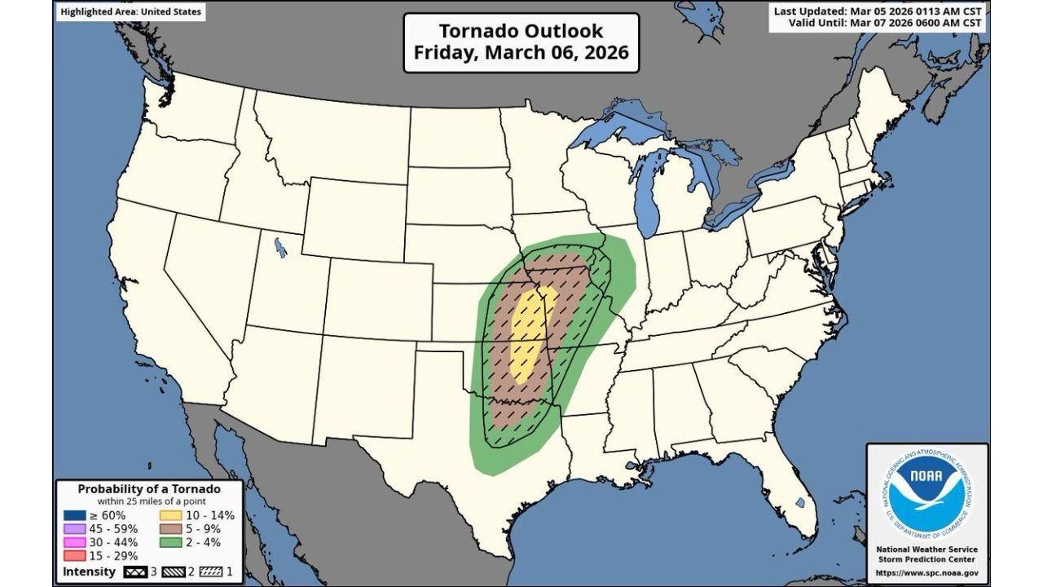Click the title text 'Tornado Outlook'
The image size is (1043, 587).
pos(521,31)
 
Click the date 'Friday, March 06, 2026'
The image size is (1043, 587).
pos(521,52)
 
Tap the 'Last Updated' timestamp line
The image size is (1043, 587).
pos(878,11)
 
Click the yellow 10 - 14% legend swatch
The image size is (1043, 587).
pos(169,515)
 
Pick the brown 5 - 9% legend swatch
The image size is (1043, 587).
pos(169,528)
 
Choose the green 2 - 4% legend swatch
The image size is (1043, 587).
pos(169,542)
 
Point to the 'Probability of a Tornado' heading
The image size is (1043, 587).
pos(149,489)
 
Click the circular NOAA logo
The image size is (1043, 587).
pos(926,492)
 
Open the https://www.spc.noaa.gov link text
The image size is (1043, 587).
pos(926,573)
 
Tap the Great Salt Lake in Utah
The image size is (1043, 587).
pos(281,246)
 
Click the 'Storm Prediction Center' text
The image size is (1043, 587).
pos(926,560)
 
